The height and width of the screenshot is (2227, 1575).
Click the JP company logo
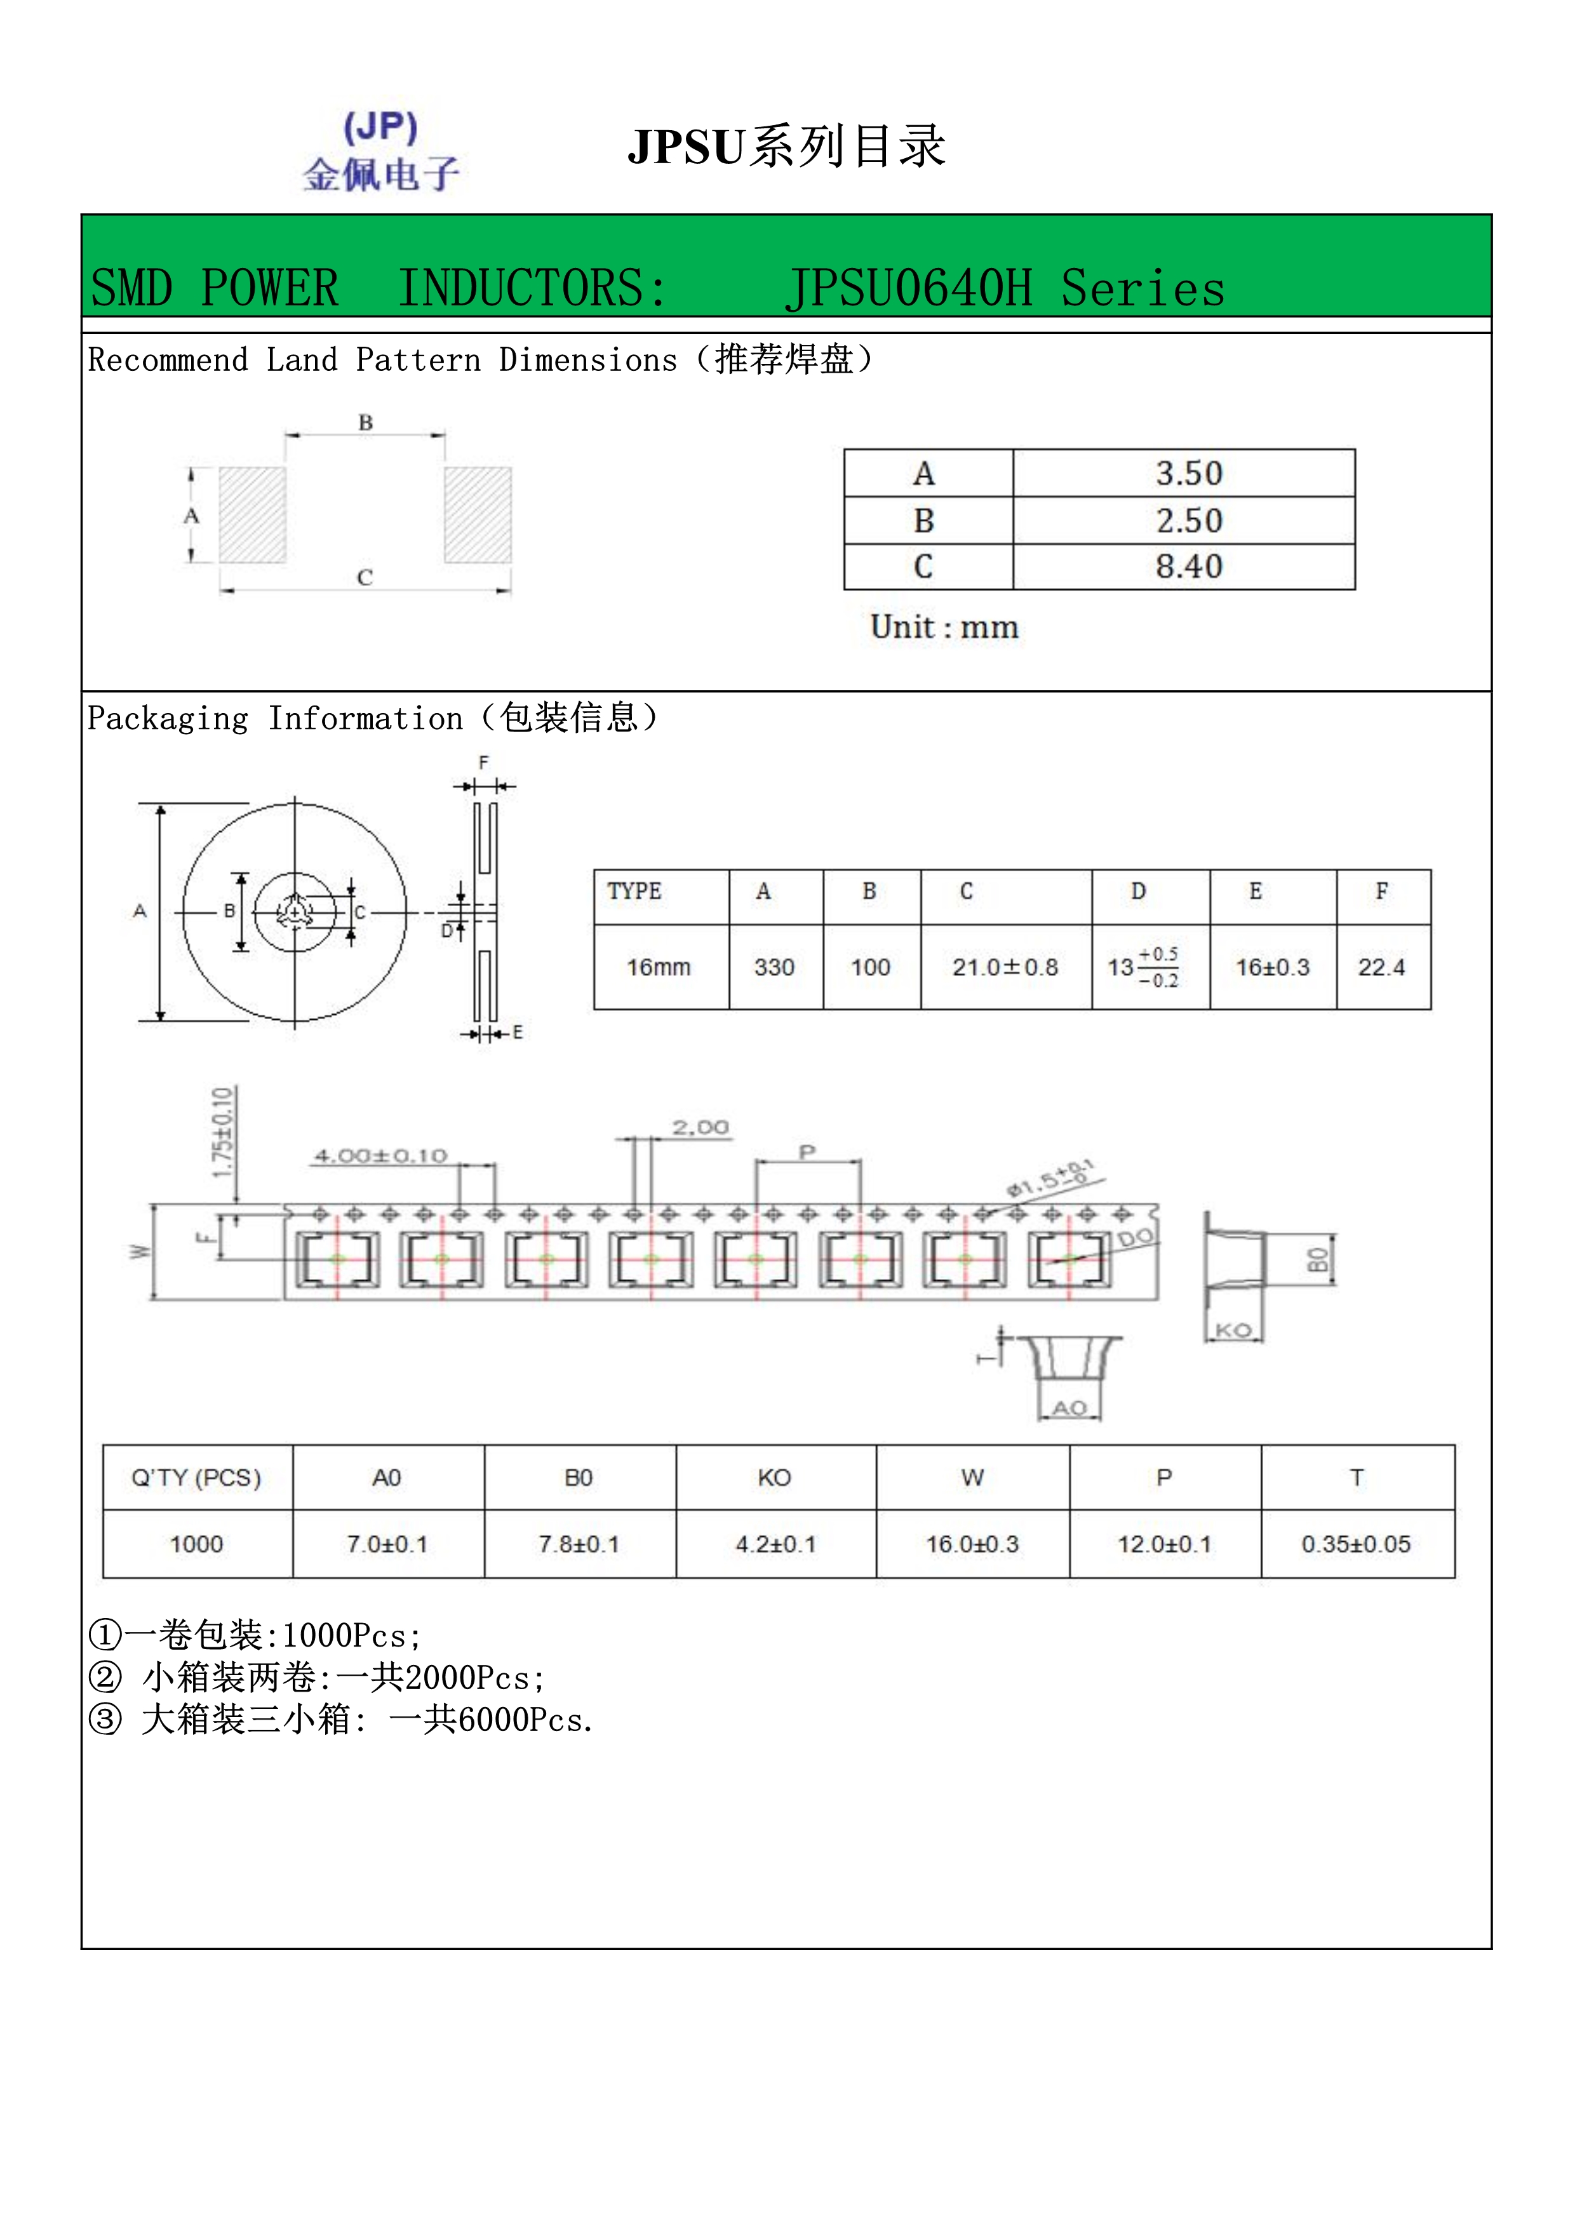380,151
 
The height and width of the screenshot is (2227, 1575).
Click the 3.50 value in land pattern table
1188,473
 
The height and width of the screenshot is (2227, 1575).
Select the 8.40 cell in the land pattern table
1188,566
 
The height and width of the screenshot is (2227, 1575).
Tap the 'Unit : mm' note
944,627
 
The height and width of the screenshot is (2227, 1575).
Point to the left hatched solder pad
252,515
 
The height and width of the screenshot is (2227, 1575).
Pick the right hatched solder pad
477,515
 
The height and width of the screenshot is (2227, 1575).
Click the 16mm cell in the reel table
659,967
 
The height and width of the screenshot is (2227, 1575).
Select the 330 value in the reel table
774,967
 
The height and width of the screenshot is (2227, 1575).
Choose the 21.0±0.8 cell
1005,967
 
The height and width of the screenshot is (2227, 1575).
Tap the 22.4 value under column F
1381,967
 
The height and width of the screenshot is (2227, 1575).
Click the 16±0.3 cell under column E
1271,967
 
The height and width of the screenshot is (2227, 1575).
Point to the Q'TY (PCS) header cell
197,1477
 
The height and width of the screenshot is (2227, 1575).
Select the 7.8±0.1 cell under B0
579,1543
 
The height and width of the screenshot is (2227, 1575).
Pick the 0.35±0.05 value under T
1356,1543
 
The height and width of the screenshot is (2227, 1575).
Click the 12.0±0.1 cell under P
1164,1543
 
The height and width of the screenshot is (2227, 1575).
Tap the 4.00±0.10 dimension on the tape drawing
380,1155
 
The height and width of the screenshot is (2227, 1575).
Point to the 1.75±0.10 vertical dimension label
223,1132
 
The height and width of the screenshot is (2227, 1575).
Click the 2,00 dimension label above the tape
700,1127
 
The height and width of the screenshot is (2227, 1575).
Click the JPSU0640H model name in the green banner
909,288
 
